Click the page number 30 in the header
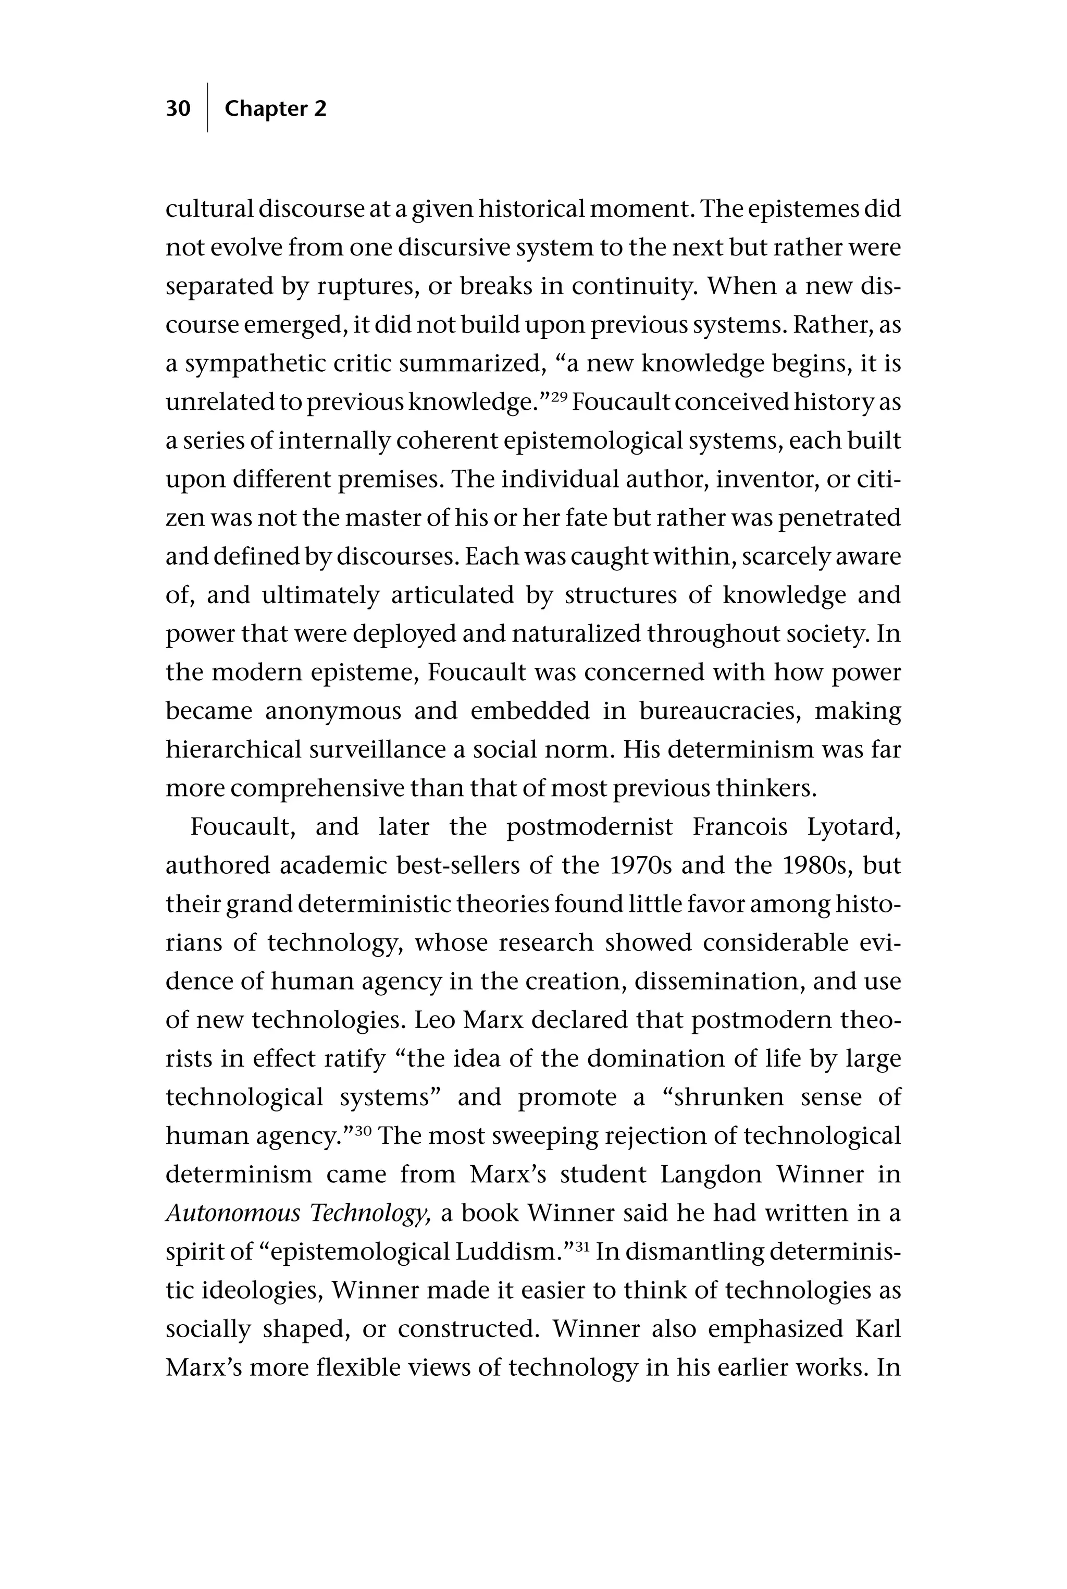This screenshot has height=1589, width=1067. (178, 108)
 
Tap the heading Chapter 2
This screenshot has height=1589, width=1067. (275, 108)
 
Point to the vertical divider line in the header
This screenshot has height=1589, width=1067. (207, 107)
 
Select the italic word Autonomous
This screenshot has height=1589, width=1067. (233, 1213)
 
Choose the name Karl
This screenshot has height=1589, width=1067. (877, 1329)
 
